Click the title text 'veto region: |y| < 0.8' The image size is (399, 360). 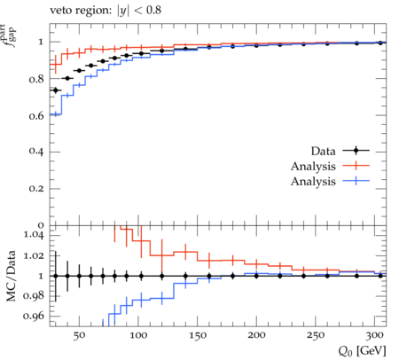click(106, 11)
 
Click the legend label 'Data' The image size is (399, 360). click(323, 151)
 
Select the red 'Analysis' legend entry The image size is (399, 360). click(313, 166)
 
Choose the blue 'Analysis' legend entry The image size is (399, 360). click(313, 181)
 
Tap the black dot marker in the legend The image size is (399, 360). click(356, 151)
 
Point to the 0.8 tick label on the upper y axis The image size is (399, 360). click(36, 79)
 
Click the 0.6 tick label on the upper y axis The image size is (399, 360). click(36, 116)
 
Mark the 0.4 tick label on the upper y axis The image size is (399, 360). click(36, 152)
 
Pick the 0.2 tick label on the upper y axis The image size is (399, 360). click(36, 189)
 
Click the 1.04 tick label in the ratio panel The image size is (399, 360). click(34, 235)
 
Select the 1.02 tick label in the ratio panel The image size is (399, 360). click(34, 255)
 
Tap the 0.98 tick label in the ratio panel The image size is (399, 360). click(34, 296)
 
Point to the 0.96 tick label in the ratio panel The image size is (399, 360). click(34, 316)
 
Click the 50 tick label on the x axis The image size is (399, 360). click(79, 335)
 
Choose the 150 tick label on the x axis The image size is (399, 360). click(198, 335)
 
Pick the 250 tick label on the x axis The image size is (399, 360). click(316, 335)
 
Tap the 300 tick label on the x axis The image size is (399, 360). click(375, 335)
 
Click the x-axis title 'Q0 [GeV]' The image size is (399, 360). click(363, 351)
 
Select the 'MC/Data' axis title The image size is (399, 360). click(12, 276)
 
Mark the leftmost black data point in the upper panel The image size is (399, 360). click(56, 90)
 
